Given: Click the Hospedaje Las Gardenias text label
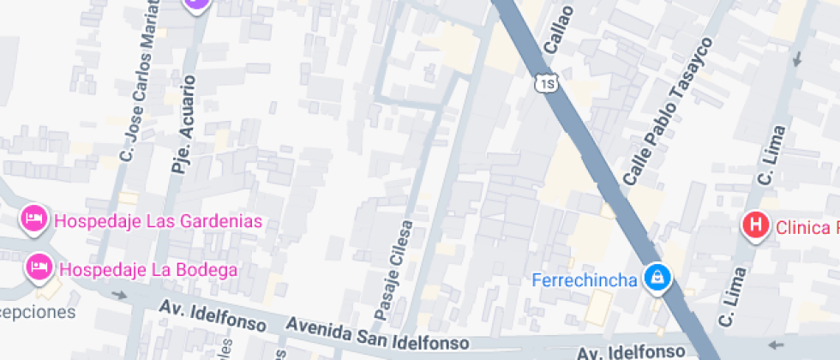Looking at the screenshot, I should coord(157,221).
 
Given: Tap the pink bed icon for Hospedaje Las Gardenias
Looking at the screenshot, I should coord(33,219).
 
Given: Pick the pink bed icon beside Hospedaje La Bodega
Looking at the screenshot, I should coord(39,267).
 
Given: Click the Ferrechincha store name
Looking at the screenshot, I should coord(584,279).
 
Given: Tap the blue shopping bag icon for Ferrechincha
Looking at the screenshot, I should coord(657,278).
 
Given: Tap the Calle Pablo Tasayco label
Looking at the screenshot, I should coord(669,111).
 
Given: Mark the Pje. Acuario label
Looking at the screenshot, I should coord(184,124).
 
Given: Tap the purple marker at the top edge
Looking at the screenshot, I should coord(196,3).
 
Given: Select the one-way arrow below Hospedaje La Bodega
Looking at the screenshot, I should coord(119,295).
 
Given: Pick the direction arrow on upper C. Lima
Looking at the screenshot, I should coord(799,58).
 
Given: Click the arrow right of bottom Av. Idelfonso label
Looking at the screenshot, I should coord(778,345).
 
